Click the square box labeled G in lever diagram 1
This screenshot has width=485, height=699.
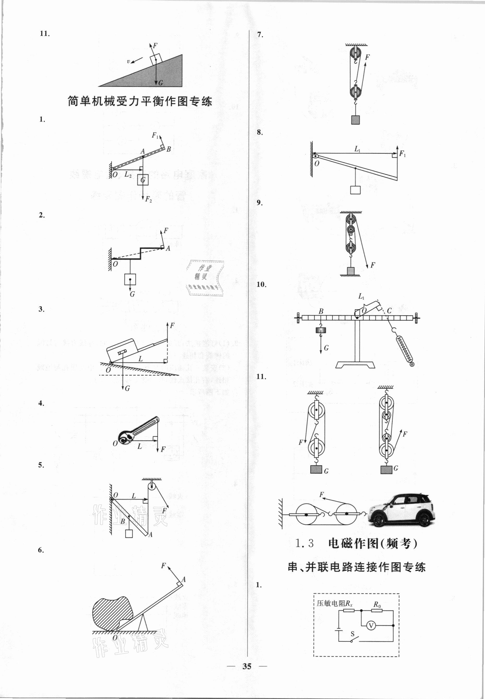(143, 180)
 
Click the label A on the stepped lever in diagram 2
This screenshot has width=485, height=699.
(168, 248)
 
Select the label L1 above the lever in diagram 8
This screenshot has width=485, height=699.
(357, 149)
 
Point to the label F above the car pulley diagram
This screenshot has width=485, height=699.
(322, 495)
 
